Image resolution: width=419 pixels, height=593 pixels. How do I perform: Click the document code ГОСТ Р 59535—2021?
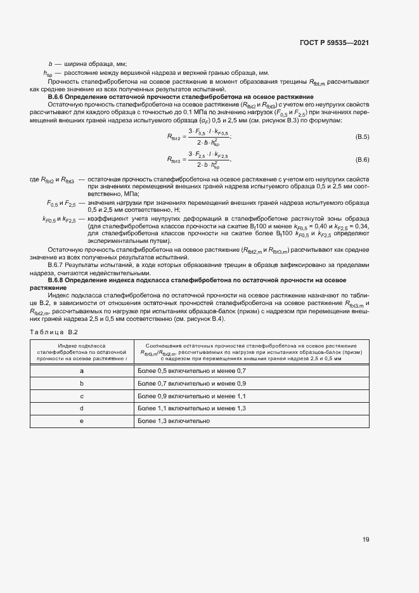click(333, 42)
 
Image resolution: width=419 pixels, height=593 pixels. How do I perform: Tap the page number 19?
click(366, 540)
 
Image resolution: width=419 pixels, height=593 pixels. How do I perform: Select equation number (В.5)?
click(362, 137)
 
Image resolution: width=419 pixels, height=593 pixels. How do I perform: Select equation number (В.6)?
click(362, 160)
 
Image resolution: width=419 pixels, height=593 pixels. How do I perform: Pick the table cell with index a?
click(82, 370)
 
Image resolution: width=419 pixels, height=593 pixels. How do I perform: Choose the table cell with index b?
click(82, 383)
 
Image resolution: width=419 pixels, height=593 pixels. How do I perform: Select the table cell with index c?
click(82, 396)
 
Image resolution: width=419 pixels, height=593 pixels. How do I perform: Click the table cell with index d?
click(82, 408)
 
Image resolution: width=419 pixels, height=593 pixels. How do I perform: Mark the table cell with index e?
click(82, 421)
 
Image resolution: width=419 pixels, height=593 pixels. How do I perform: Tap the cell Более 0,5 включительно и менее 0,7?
click(191, 370)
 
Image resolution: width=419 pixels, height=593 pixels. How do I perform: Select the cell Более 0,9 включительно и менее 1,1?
click(191, 396)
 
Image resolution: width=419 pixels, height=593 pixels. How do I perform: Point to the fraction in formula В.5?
click(208, 137)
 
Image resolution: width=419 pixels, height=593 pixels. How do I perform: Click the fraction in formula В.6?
click(208, 160)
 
